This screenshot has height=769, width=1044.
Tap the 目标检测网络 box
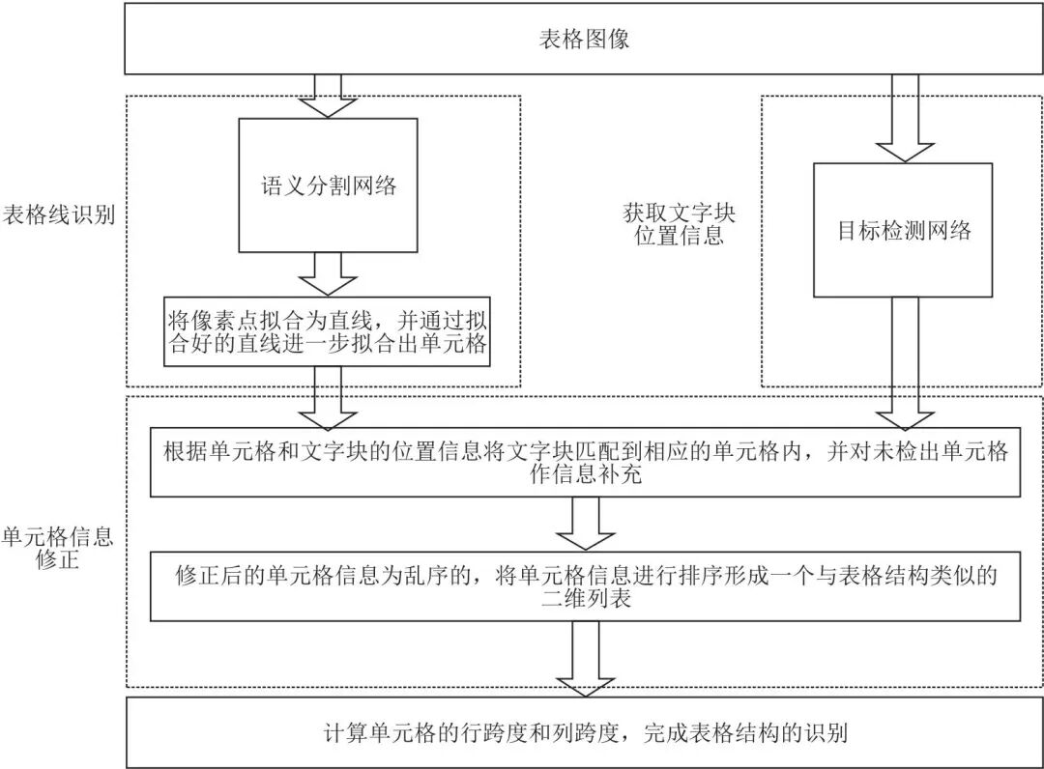pos(903,230)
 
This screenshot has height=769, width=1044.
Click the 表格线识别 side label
pos(58,214)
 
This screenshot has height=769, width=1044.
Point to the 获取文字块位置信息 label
pos(679,223)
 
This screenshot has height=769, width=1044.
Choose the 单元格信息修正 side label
pos(58,548)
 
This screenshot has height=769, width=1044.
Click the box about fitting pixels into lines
pos(328,330)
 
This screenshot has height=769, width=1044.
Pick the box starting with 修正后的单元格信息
pos(586,586)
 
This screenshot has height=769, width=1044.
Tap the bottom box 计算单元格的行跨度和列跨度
pos(586,733)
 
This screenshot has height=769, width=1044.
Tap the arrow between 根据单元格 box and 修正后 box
pos(586,526)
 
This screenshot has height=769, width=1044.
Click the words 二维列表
pos(586,599)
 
